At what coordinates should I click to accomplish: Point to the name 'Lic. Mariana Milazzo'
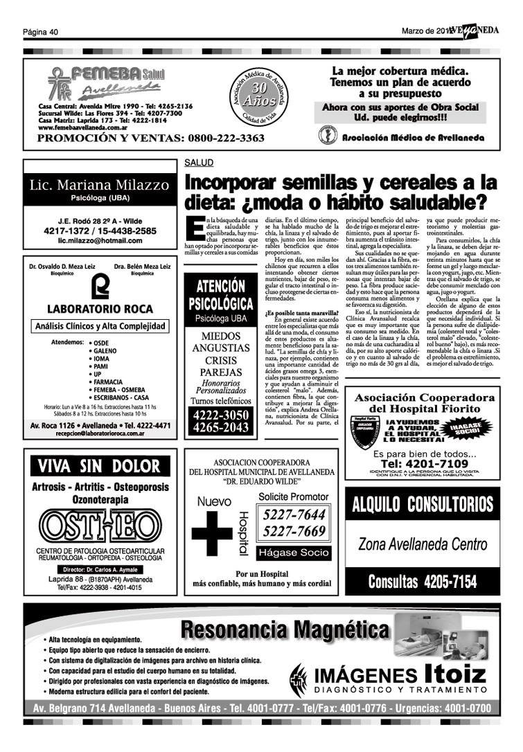tap(99, 186)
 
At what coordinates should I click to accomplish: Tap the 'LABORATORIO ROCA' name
tap(100, 308)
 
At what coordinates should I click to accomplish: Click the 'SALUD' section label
tap(199, 163)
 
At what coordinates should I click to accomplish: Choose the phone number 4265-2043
tap(221, 428)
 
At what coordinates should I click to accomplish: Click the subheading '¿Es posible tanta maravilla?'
tap(296, 313)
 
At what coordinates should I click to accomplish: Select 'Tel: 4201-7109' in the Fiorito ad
tap(424, 464)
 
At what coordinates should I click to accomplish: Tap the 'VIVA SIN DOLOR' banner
tap(99, 465)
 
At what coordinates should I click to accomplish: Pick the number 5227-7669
tap(294, 532)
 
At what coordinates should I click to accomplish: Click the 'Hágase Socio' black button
tap(294, 553)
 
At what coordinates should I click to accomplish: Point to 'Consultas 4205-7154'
tap(423, 582)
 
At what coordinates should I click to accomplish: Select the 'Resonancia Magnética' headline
tap(285, 630)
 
